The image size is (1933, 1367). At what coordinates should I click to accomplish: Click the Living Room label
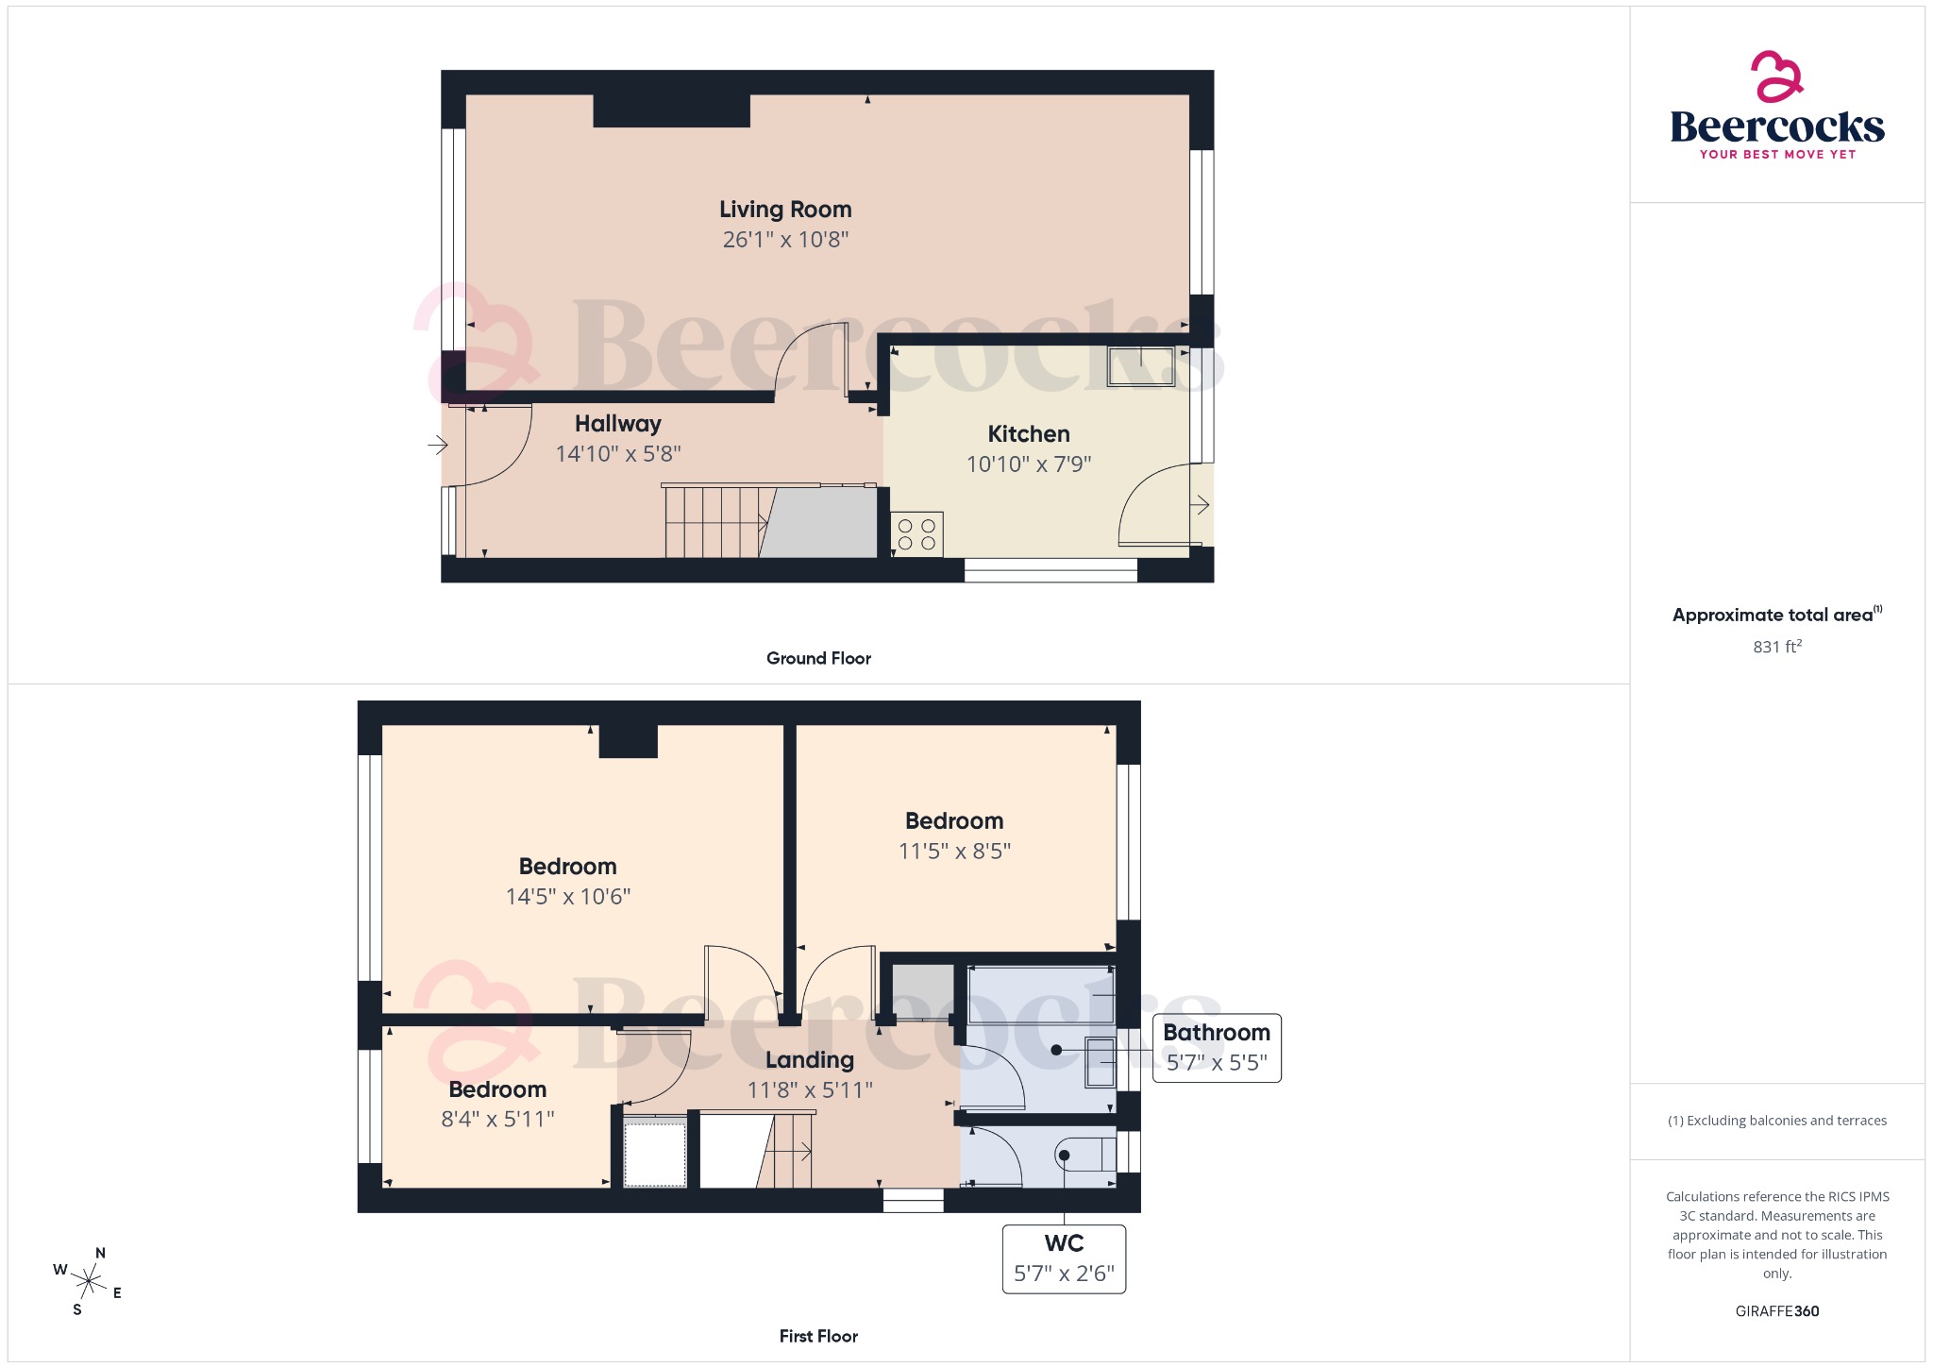pyautogui.click(x=785, y=210)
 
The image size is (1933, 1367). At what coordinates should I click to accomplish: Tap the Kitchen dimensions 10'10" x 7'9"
pyautogui.click(x=1029, y=464)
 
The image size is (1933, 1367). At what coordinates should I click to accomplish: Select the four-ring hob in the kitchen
pyautogui.click(x=916, y=534)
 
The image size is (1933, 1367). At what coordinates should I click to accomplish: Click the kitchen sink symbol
pyautogui.click(x=1141, y=366)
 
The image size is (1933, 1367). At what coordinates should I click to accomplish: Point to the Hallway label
pyautogui.click(x=618, y=424)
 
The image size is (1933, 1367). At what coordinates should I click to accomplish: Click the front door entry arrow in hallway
pyautogui.click(x=438, y=444)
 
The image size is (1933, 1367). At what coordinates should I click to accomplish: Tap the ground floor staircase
pyautogui.click(x=717, y=521)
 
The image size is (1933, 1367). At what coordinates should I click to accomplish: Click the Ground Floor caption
pyautogui.click(x=818, y=658)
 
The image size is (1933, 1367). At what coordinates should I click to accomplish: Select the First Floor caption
pyautogui.click(x=818, y=1336)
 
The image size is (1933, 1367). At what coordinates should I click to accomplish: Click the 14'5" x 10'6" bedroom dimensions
pyautogui.click(x=568, y=897)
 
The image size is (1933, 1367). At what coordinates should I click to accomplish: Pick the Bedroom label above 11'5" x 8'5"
pyautogui.click(x=954, y=821)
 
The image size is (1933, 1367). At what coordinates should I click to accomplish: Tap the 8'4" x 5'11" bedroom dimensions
pyautogui.click(x=497, y=1120)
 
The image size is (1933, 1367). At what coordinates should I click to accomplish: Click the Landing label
pyautogui.click(x=810, y=1060)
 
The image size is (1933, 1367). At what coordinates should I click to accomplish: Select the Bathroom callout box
pyautogui.click(x=1217, y=1048)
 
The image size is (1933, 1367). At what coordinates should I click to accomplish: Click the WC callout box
pyautogui.click(x=1064, y=1259)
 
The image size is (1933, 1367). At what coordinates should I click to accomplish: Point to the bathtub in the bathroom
pyautogui.click(x=1041, y=994)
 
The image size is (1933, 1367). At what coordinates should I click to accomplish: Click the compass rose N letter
pyautogui.click(x=101, y=1254)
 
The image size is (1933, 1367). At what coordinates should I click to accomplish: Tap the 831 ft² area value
pyautogui.click(x=1777, y=647)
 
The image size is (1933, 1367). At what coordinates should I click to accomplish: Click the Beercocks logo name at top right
pyautogui.click(x=1777, y=127)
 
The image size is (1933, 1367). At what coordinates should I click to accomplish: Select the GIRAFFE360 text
pyautogui.click(x=1777, y=1311)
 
